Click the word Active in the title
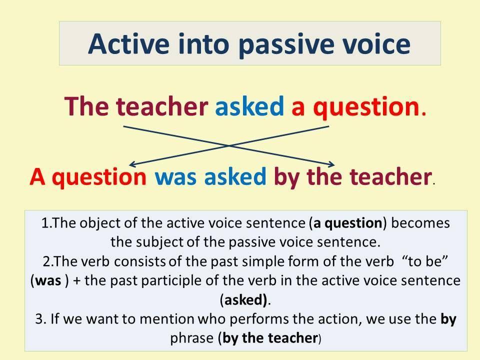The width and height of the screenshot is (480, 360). pyautogui.click(x=128, y=44)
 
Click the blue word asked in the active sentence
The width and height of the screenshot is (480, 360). pyautogui.click(x=249, y=106)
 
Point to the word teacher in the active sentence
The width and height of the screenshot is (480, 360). pyautogui.click(x=161, y=106)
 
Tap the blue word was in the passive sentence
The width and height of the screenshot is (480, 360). pyautogui.click(x=175, y=176)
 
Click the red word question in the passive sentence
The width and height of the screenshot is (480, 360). pyautogui.click(x=99, y=178)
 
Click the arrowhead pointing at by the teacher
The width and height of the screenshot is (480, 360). pyautogui.click(x=332, y=164)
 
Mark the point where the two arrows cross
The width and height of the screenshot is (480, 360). pyautogui.click(x=228, y=145)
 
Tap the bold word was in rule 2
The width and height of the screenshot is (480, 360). pyautogui.click(x=48, y=280)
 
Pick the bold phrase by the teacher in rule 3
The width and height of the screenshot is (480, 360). pyautogui.click(x=270, y=338)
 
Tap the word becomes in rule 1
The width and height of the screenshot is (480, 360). pyautogui.click(x=420, y=223)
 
